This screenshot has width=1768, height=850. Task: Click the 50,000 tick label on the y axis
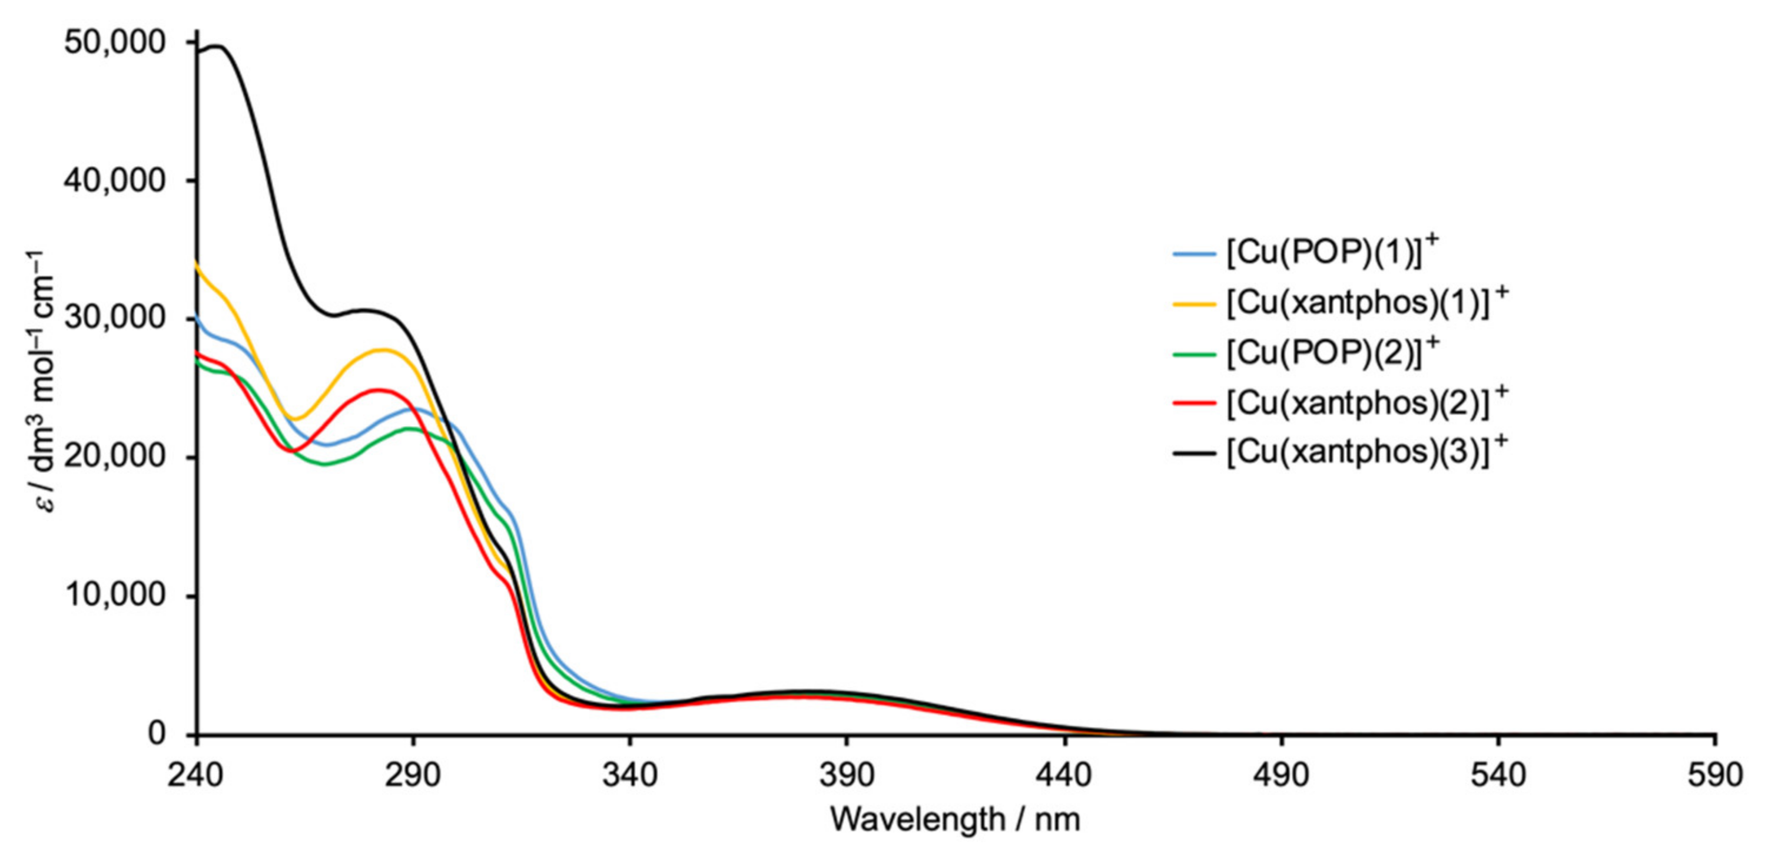click(115, 42)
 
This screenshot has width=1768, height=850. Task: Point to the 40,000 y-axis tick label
click(115, 181)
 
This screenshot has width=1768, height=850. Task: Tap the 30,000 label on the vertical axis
click(115, 319)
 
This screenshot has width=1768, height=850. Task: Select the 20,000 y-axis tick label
click(115, 457)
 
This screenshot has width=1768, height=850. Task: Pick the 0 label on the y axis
click(157, 733)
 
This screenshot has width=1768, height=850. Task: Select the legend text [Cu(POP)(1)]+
click(1330, 253)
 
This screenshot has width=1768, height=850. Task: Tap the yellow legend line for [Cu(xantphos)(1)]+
click(1194, 303)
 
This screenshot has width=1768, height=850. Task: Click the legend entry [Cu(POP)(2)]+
click(1330, 353)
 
